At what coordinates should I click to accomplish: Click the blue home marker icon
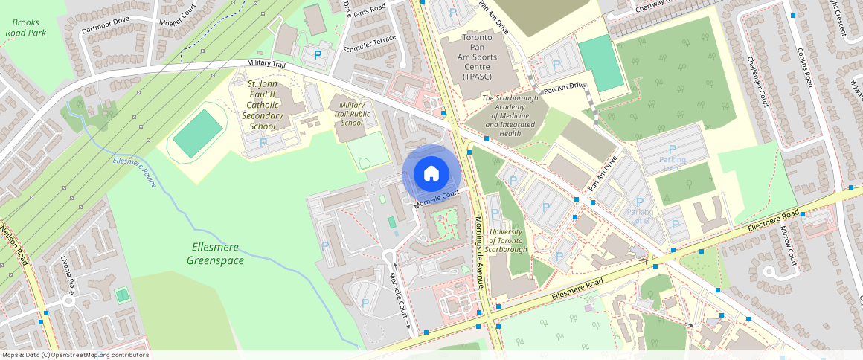click(431, 174)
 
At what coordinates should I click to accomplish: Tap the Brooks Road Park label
click(26, 28)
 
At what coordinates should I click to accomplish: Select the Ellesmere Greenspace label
click(215, 254)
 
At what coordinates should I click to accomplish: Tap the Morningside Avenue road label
click(480, 253)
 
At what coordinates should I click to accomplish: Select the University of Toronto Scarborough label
click(508, 240)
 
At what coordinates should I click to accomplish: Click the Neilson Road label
click(16, 246)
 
